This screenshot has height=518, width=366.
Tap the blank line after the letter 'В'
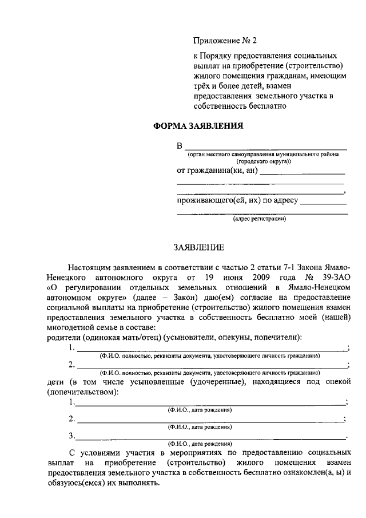click(x=265, y=147)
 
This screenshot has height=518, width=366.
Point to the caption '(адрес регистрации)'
click(x=259, y=218)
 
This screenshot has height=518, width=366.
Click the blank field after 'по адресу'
click(x=323, y=203)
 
